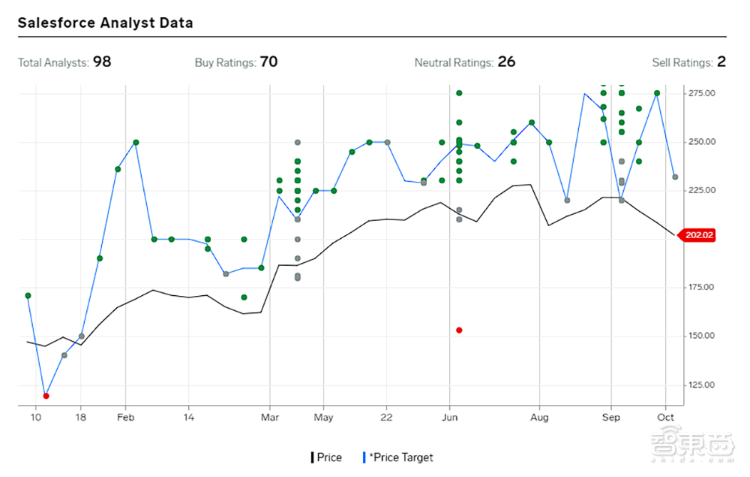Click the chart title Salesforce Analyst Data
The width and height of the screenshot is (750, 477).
tap(105, 23)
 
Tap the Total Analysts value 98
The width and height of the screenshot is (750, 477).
tap(102, 62)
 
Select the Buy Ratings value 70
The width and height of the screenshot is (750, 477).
tap(268, 62)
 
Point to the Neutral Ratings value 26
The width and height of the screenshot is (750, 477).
tap(506, 62)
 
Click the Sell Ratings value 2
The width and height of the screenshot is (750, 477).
tap(721, 62)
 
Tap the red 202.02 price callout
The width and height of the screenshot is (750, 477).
tap(697, 235)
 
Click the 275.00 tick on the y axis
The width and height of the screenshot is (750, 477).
tap(702, 93)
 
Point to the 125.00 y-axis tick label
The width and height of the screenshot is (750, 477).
tap(702, 385)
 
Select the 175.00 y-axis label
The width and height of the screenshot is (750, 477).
tap(702, 287)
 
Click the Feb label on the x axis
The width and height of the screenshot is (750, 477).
tap(126, 417)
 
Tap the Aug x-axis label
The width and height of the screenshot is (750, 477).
tap(539, 417)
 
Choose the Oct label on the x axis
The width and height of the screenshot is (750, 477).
tap(665, 417)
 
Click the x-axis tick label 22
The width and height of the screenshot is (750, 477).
tap(386, 417)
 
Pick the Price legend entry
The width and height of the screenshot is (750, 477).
tap(327, 457)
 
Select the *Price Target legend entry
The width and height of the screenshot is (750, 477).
tap(398, 457)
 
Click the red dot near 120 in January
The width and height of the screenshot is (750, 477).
tap(46, 396)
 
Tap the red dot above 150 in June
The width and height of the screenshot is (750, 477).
tap(459, 331)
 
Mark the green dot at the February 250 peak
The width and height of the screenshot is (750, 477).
tap(136, 142)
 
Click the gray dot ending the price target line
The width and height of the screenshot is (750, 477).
tap(676, 177)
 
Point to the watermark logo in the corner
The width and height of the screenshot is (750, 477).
tap(692, 446)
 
